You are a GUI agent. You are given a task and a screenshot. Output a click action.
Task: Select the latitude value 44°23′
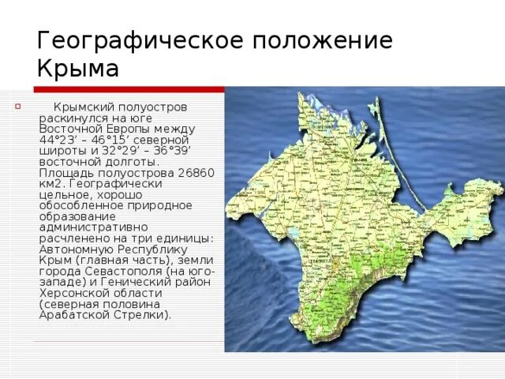[58, 139]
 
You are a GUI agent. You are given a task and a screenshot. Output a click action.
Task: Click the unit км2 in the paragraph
[52, 182]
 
